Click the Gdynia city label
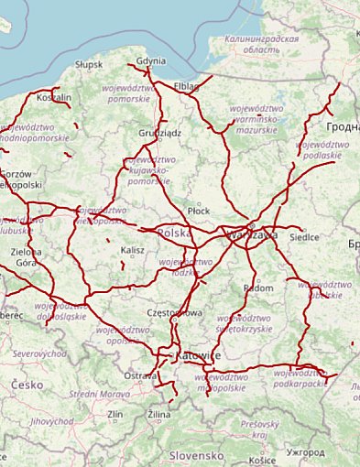pos(150,61)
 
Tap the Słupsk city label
pos(89,65)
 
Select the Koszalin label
pos(53,97)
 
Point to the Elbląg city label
pos(185,86)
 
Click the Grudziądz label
pos(160,133)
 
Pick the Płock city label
pos(198,211)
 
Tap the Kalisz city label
pos(133,249)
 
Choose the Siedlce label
pos(304,237)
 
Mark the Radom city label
pos(259,288)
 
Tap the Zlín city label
pos(115,415)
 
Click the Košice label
pos(261,461)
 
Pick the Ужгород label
pos(304,452)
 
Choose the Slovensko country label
pos(196,454)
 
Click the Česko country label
pos(27,386)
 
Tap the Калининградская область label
pos(263,46)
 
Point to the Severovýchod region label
pos(39,353)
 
